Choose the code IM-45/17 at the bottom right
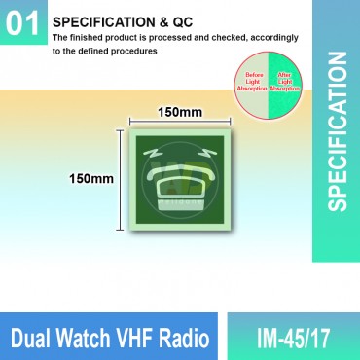coord(293,339)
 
